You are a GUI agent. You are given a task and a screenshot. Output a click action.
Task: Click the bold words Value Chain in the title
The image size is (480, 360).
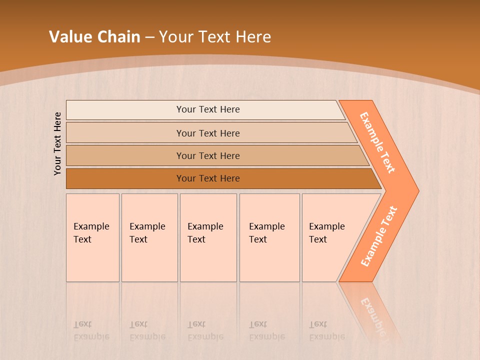point(94,37)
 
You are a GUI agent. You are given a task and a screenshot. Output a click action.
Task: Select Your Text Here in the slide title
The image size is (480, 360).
point(215,37)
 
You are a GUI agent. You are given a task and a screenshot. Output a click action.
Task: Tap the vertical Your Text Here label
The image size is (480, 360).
point(57,143)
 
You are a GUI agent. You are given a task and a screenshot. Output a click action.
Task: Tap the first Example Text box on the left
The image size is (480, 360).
point(92,237)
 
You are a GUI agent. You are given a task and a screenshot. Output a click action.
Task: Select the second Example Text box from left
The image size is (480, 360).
point(149,237)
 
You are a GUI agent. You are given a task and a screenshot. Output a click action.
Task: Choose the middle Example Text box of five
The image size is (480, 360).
point(208,237)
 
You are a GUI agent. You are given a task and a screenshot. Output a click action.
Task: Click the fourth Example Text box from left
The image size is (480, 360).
point(269,237)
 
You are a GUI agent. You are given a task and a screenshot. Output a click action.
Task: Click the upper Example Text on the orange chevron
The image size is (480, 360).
point(377,142)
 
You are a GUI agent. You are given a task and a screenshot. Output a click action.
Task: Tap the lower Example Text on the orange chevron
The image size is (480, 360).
point(379,236)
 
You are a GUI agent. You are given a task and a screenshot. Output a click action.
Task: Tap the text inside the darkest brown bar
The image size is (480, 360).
point(208,178)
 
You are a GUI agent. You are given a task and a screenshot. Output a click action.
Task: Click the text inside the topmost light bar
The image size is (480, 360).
point(208,109)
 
